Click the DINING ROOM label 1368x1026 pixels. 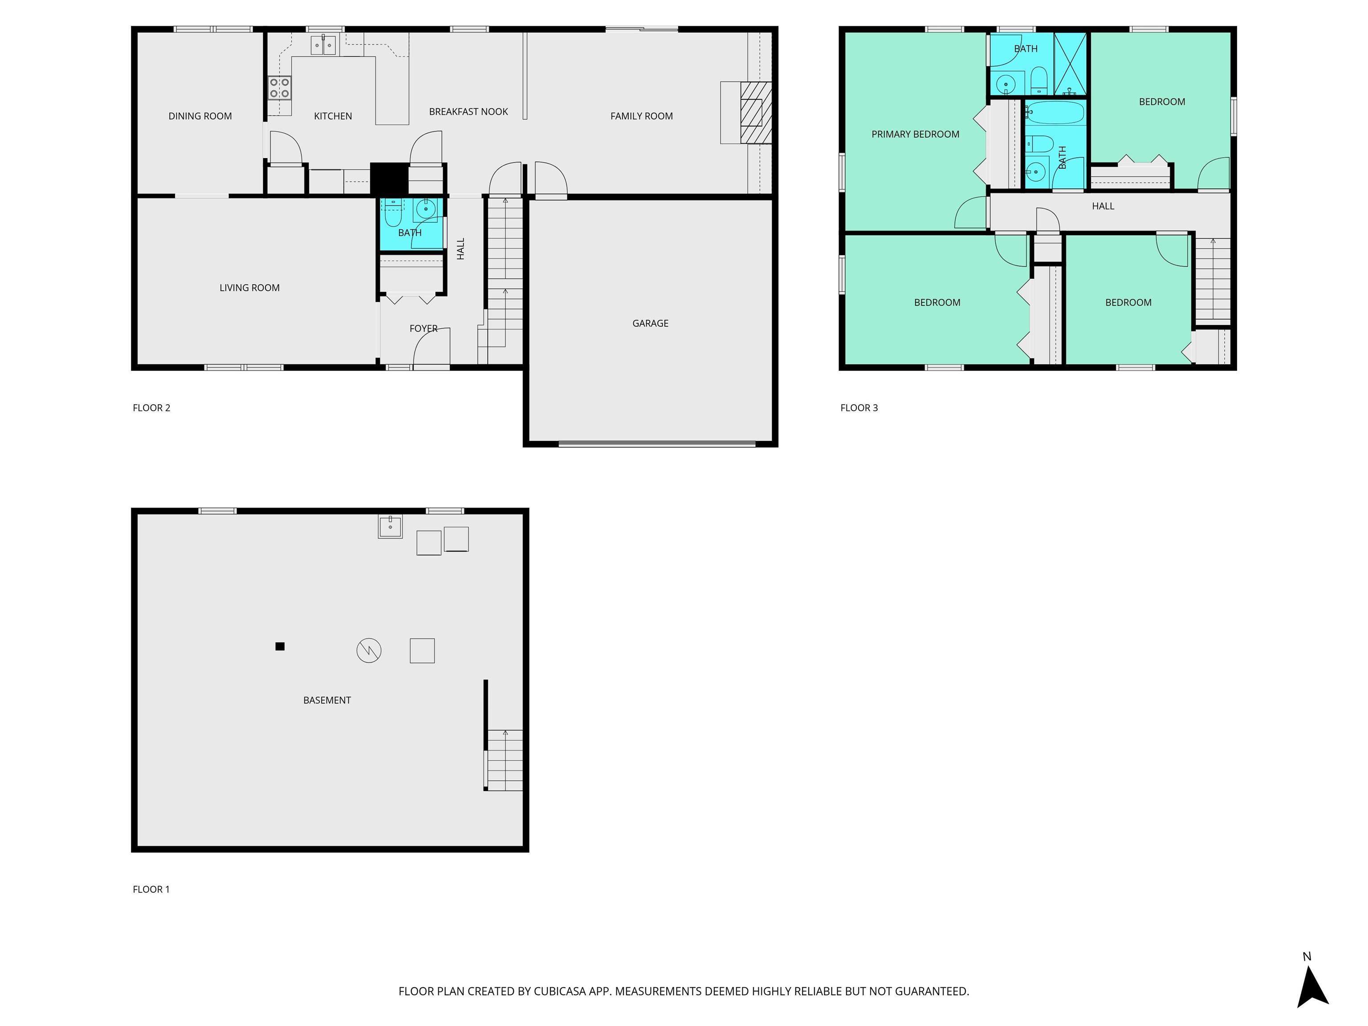pyautogui.click(x=200, y=116)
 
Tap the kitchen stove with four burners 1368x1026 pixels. pyautogui.click(x=280, y=88)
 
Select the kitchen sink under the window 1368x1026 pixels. pyautogui.click(x=323, y=45)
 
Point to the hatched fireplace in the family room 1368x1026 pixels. pyautogui.click(x=756, y=113)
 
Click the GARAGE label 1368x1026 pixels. pyautogui.click(x=650, y=323)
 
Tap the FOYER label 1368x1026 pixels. pyautogui.click(x=423, y=328)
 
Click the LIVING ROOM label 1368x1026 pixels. pyautogui.click(x=249, y=288)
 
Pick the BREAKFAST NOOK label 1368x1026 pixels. pyautogui.click(x=468, y=112)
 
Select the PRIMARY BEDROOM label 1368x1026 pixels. pyautogui.click(x=915, y=134)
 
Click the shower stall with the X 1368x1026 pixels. pyautogui.click(x=1070, y=64)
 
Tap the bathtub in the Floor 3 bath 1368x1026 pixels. pyautogui.click(x=1055, y=113)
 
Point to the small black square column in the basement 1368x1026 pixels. pyautogui.click(x=280, y=646)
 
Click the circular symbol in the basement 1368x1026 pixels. pyautogui.click(x=369, y=651)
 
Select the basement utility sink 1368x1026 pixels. pyautogui.click(x=390, y=526)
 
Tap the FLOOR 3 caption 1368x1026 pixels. pyautogui.click(x=859, y=407)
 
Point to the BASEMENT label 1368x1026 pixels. pyautogui.click(x=327, y=700)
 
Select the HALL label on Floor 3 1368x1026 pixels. pyautogui.click(x=1103, y=206)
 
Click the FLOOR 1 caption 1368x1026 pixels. pyautogui.click(x=151, y=889)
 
